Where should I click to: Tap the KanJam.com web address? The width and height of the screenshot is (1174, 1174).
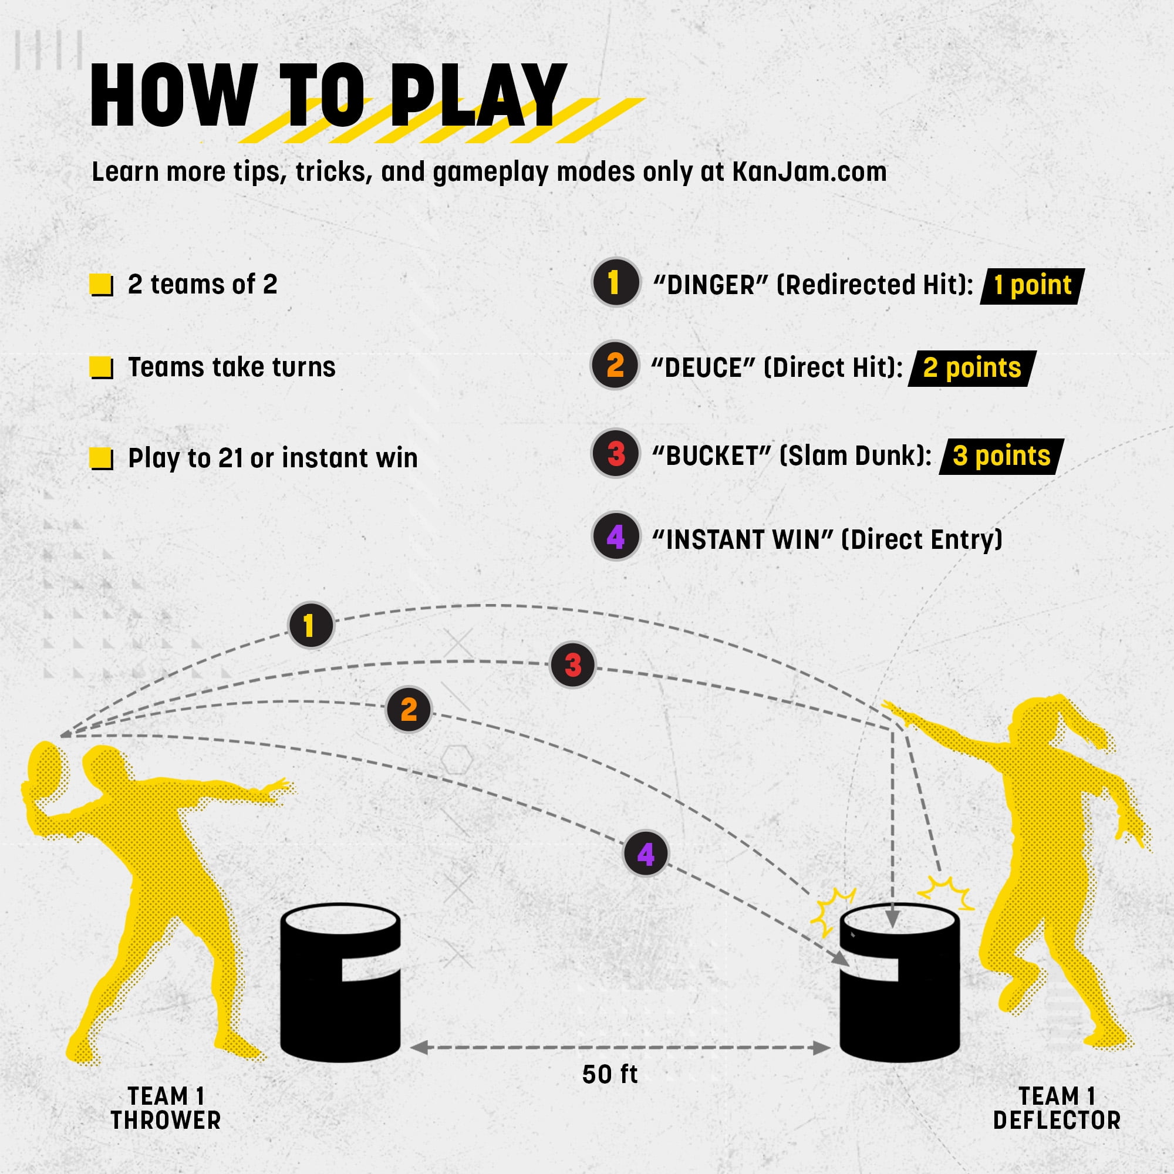pos(809,172)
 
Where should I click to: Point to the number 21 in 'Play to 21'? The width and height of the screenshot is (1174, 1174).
pos(231,458)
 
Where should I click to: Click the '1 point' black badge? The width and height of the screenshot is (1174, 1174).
pos(1033,286)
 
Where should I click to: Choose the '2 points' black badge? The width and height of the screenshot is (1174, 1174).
pos(972,368)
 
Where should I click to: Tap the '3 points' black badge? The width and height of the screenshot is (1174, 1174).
pos(1001,456)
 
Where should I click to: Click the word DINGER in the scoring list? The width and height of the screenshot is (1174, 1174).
pos(711,285)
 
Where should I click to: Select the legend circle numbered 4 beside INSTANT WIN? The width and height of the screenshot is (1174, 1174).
pos(616,537)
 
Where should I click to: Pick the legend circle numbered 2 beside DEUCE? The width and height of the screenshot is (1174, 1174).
pos(615,365)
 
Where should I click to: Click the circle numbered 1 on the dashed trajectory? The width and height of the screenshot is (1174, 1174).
pos(311,625)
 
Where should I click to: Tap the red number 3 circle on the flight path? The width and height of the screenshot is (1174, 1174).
pos(572,665)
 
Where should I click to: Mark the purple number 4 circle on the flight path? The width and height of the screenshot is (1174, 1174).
pos(646,853)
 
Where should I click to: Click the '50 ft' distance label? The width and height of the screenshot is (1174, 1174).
pos(609,1075)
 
